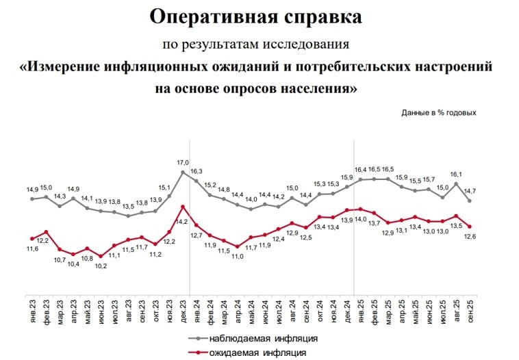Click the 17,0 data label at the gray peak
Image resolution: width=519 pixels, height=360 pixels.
click(182, 162)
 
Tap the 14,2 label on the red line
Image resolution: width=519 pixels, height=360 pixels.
click(182, 222)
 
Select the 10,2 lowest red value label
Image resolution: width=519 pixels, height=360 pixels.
click(101, 266)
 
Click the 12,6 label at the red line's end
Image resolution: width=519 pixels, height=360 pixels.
click(470, 237)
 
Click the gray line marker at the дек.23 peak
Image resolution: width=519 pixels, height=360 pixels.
click(183, 172)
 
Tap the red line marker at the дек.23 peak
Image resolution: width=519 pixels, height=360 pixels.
click(183, 206)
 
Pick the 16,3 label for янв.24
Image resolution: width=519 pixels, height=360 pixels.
click(197, 171)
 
